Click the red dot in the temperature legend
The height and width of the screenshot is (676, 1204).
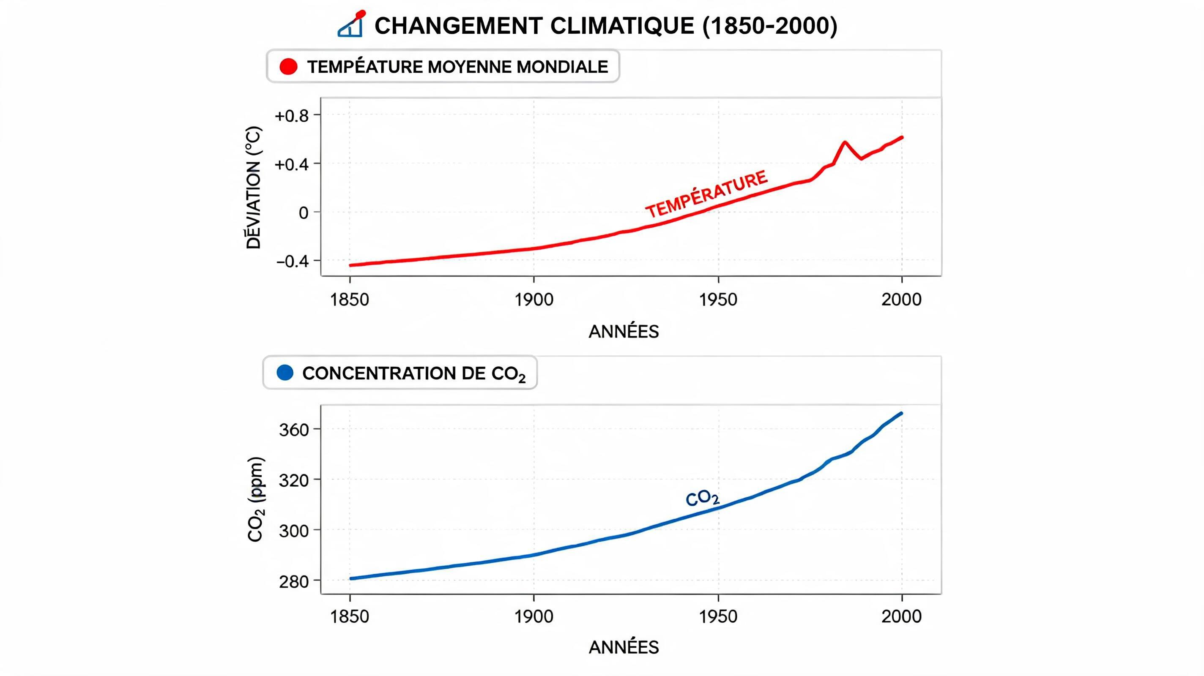[288, 66]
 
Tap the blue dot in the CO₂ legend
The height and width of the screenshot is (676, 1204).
[285, 372]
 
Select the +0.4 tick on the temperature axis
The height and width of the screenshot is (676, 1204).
[292, 164]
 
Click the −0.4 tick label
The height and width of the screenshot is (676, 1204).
[293, 261]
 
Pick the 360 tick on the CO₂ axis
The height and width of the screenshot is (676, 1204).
[294, 430]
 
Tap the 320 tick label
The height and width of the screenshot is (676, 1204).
[294, 480]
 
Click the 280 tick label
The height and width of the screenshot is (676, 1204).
[294, 582]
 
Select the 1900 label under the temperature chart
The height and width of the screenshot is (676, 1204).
[534, 300]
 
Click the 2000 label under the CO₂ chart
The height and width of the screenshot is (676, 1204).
[902, 616]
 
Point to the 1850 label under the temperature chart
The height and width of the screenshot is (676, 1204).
[350, 300]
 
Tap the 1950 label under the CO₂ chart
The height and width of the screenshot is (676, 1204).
[718, 616]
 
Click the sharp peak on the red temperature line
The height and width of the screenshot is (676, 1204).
[845, 142]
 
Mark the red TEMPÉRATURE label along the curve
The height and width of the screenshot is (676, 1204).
[707, 194]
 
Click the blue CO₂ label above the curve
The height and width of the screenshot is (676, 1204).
[703, 499]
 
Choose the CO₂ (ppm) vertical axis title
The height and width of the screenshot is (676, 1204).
[256, 499]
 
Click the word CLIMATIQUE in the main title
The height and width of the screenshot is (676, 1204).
[622, 25]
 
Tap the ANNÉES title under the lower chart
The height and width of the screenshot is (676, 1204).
[624, 647]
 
